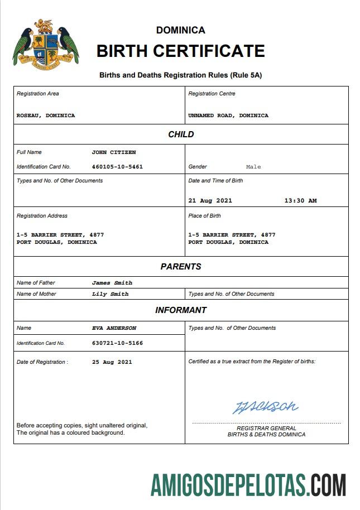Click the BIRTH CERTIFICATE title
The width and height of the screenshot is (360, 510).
180,51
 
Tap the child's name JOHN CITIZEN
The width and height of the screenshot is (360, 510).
114,152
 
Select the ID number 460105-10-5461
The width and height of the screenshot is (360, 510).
117,166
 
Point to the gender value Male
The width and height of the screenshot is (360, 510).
253,167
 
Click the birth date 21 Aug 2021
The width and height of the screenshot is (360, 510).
210,200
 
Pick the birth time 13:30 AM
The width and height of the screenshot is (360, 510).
300,200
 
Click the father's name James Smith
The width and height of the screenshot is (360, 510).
112,283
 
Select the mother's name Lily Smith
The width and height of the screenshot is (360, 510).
110,294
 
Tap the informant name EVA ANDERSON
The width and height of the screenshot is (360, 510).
114,328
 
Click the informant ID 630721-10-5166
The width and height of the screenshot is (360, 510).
117,343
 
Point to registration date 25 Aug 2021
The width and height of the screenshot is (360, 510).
112,362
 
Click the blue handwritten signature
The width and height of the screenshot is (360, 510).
265,407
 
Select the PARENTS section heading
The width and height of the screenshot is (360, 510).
181,267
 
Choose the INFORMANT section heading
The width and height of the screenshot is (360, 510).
181,310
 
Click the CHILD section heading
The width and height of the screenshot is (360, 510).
181,134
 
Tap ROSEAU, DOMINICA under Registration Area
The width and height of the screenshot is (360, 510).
46,116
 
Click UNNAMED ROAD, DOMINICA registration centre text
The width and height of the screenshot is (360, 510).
228,116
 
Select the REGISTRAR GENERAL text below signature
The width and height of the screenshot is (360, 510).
266,428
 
